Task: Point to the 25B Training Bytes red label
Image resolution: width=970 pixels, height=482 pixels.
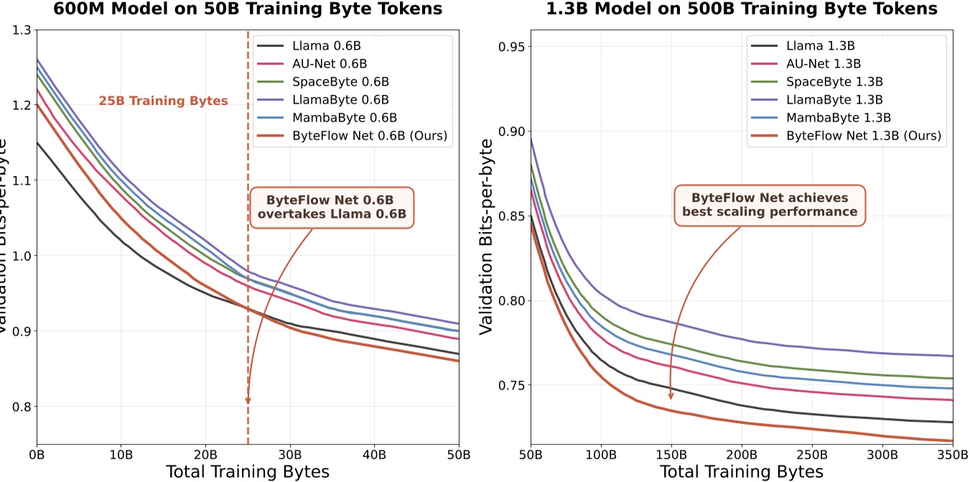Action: [x=164, y=101]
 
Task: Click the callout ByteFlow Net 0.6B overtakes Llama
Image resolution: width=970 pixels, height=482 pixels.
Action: [x=332, y=208]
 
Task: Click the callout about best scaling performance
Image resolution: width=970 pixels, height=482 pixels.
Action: [x=770, y=205]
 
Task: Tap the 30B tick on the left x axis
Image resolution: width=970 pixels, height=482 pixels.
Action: [x=290, y=455]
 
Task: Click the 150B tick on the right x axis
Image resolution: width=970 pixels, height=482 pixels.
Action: [x=671, y=455]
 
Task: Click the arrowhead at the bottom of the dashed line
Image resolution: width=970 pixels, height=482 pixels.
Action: [x=248, y=400]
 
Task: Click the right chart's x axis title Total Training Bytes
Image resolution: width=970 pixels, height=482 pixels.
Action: [x=741, y=472]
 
